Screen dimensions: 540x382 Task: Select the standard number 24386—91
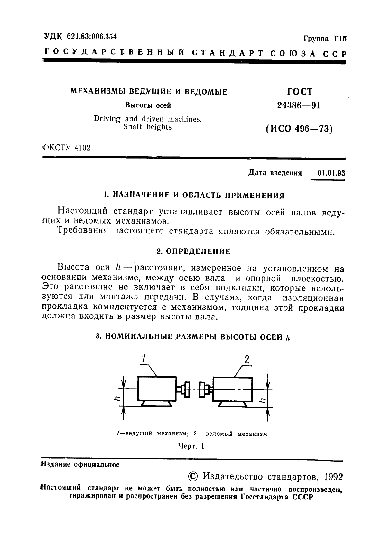(x=298, y=106)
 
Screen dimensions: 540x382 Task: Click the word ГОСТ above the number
(x=299, y=92)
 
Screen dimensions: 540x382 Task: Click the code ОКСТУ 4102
(x=66, y=148)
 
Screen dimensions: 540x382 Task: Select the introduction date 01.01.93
(x=331, y=173)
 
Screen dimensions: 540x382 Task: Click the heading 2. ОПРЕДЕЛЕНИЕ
(x=193, y=252)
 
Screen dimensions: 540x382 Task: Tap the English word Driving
(x=107, y=119)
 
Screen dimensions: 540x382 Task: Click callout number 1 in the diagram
(x=144, y=359)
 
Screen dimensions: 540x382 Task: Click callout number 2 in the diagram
(x=247, y=360)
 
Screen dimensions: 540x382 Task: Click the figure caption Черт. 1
(x=191, y=446)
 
